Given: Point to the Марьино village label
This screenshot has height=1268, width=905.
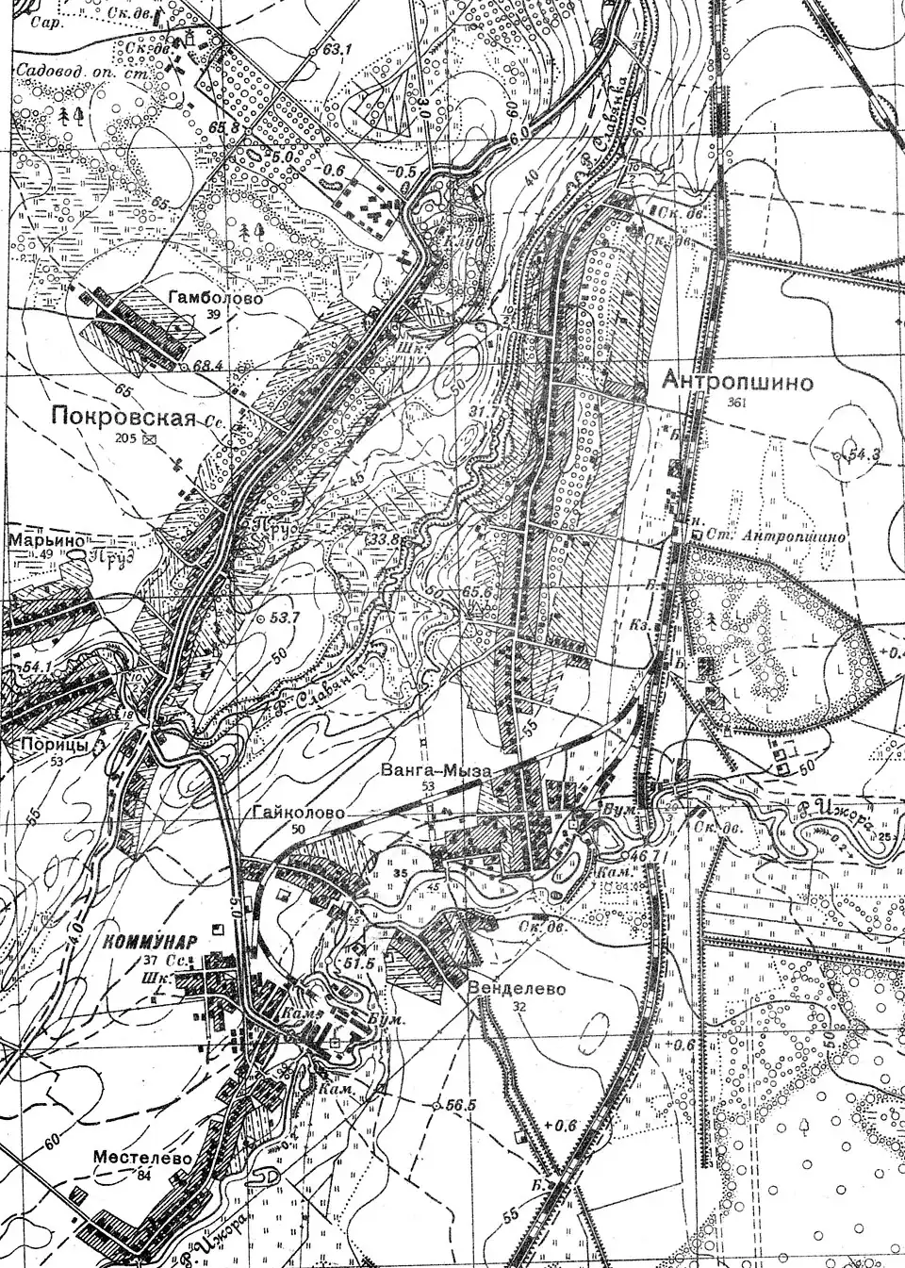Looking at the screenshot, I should click(47, 541).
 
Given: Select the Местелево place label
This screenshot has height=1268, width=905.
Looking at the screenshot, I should click(143, 1158).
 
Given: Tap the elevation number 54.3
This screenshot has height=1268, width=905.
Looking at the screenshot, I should click(864, 454).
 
